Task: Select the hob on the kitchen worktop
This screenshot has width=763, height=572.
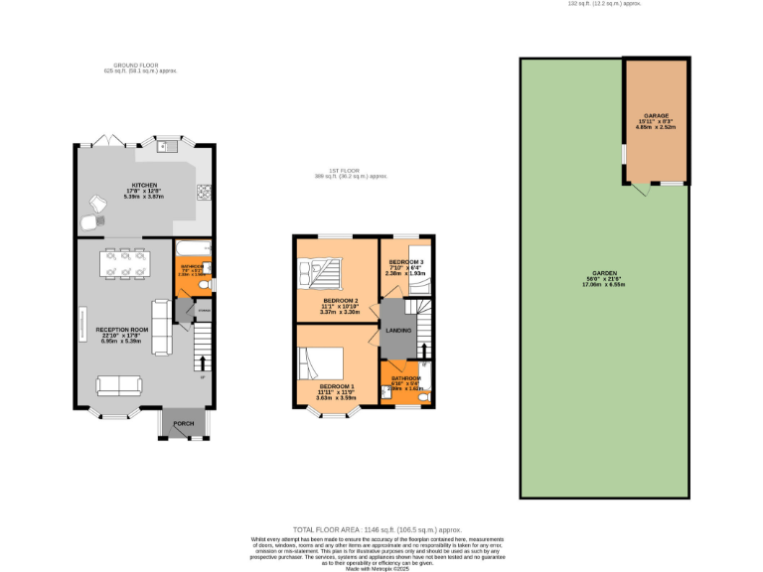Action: pyautogui.click(x=204, y=192)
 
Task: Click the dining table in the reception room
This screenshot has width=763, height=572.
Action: pyautogui.click(x=126, y=263)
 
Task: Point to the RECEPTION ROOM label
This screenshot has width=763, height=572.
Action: pyautogui.click(x=122, y=329)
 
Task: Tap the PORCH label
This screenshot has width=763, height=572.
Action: pyautogui.click(x=184, y=424)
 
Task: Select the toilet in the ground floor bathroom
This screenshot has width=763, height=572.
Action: pyautogui.click(x=205, y=286)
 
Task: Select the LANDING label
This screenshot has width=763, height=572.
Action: pyautogui.click(x=398, y=329)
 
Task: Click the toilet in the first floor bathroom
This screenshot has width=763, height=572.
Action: pyautogui.click(x=423, y=396)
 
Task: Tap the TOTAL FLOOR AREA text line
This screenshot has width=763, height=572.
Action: pyautogui.click(x=377, y=530)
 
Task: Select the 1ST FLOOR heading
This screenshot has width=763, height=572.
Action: pyautogui.click(x=343, y=171)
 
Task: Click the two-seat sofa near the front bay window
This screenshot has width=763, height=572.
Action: pyautogui.click(x=116, y=385)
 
